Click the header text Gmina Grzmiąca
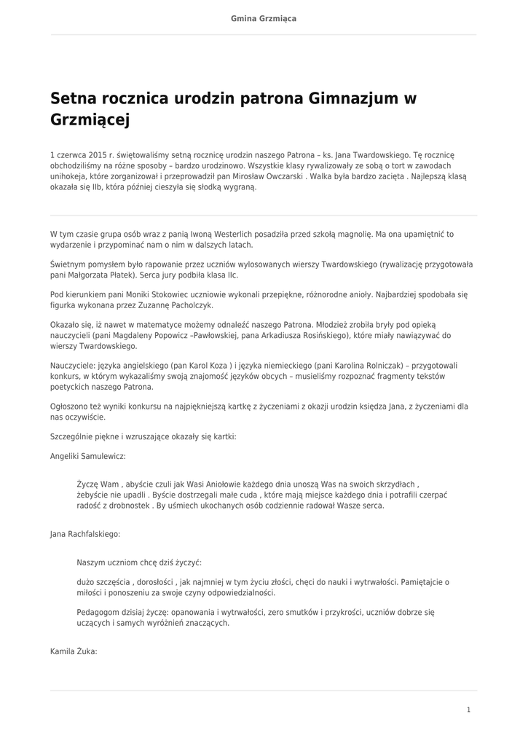point(264,18)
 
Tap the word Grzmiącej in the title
point(90,119)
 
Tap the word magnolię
point(354,234)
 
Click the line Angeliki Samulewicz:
point(87,455)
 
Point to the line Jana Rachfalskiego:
point(85,533)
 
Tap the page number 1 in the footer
point(468,710)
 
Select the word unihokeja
point(69,176)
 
